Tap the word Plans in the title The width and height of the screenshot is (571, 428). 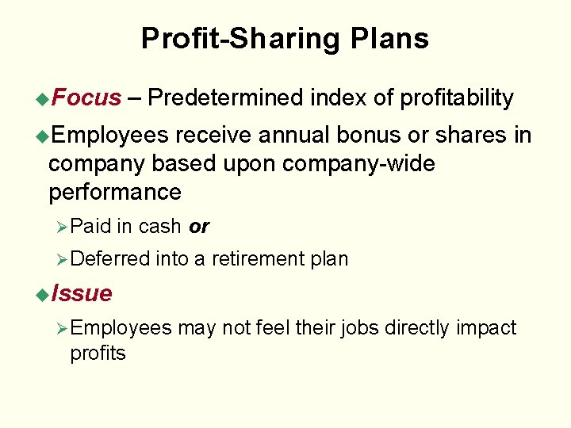389,38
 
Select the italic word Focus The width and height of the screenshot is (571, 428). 86,98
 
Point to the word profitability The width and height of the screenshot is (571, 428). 456,98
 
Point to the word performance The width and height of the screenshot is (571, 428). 115,193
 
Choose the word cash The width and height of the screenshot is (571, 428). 160,227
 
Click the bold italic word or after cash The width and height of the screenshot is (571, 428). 199,227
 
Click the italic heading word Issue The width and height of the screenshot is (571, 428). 81,293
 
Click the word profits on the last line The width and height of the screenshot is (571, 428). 98,353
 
